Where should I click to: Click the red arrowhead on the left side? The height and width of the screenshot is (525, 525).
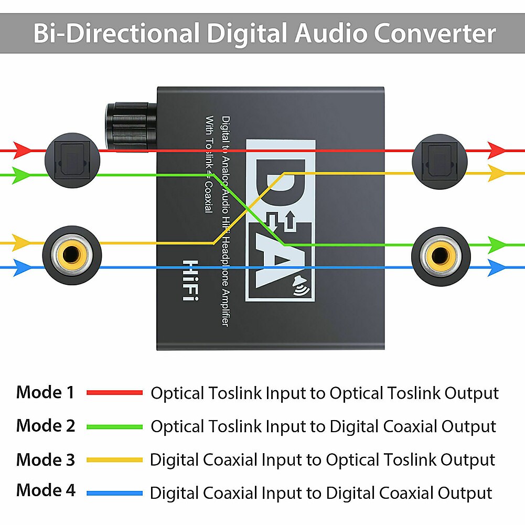[x=23, y=150]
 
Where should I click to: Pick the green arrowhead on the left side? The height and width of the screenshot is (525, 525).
[x=23, y=174]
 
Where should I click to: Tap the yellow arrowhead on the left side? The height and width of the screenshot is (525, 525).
[x=23, y=242]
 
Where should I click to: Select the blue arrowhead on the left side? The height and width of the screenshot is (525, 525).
[x=23, y=267]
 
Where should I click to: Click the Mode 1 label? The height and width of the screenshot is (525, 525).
[x=46, y=392]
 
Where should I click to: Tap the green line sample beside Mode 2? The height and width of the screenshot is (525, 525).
[x=114, y=426]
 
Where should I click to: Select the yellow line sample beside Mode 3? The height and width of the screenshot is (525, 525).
[x=114, y=460]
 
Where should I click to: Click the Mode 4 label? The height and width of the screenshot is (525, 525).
[x=46, y=490]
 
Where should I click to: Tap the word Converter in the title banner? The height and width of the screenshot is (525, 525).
[x=434, y=34]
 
